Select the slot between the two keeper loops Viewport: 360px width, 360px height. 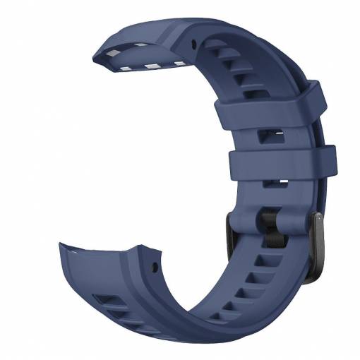coord(271,133)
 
